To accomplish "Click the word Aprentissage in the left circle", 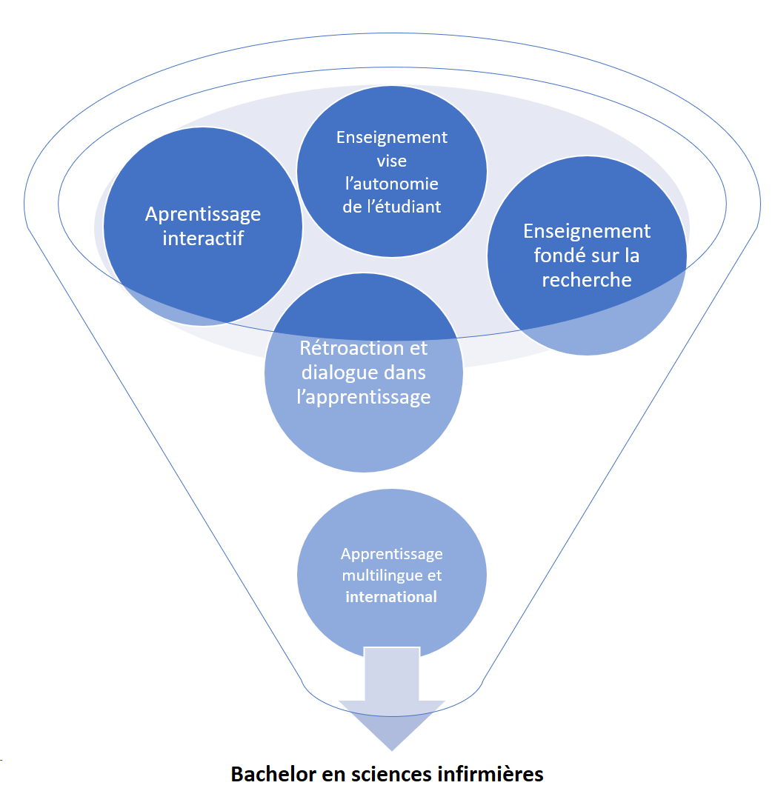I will point(203,214).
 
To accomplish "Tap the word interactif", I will point(203,238).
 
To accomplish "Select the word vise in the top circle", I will point(391,161).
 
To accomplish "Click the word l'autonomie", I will point(391,184).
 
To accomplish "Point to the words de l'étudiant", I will point(391,207).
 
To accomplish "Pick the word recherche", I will point(587,279).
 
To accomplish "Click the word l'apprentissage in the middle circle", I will point(363,397).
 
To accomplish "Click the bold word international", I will point(391,597).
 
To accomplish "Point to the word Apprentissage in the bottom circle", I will point(391,553).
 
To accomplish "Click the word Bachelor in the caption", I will point(268,775).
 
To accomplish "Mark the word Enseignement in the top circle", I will point(391,138).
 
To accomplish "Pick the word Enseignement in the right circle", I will point(587,231).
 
